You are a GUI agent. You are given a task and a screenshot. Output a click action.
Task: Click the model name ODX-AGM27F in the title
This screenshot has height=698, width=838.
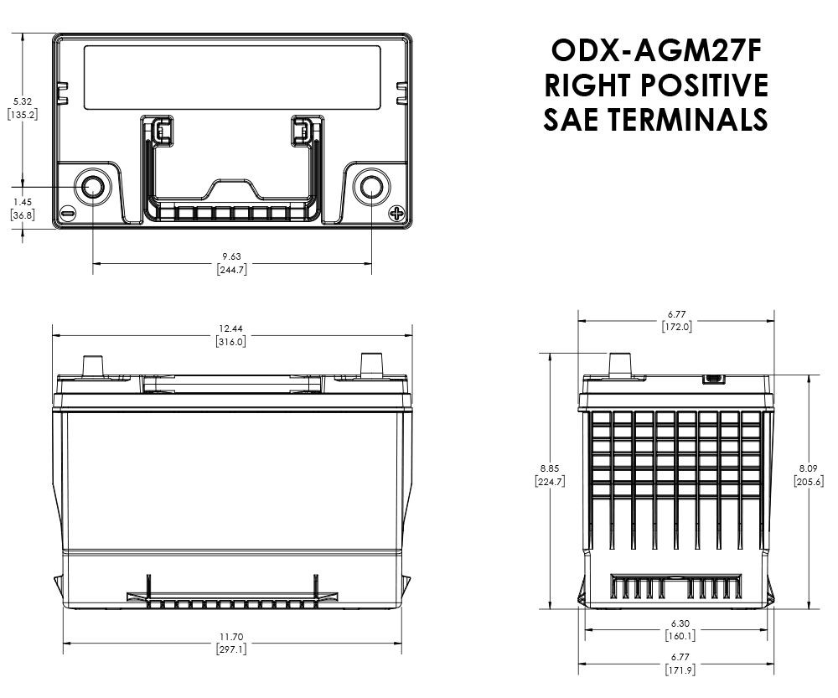click(656, 51)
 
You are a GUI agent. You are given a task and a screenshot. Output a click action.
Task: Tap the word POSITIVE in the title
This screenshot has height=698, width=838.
click(704, 85)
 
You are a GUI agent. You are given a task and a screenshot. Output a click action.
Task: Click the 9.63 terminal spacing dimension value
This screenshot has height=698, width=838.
click(231, 256)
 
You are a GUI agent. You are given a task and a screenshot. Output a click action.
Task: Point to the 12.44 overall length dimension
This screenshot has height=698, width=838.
click(230, 328)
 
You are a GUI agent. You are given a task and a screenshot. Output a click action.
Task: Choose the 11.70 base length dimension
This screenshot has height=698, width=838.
click(231, 637)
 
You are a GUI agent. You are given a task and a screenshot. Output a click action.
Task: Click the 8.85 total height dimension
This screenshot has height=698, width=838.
click(550, 468)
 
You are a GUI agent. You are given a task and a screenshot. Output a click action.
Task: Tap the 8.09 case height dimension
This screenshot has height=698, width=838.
click(808, 468)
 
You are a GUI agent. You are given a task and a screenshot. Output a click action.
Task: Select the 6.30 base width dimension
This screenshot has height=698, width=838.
click(680, 623)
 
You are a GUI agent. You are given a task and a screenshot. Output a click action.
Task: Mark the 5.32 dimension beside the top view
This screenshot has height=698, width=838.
click(23, 101)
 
